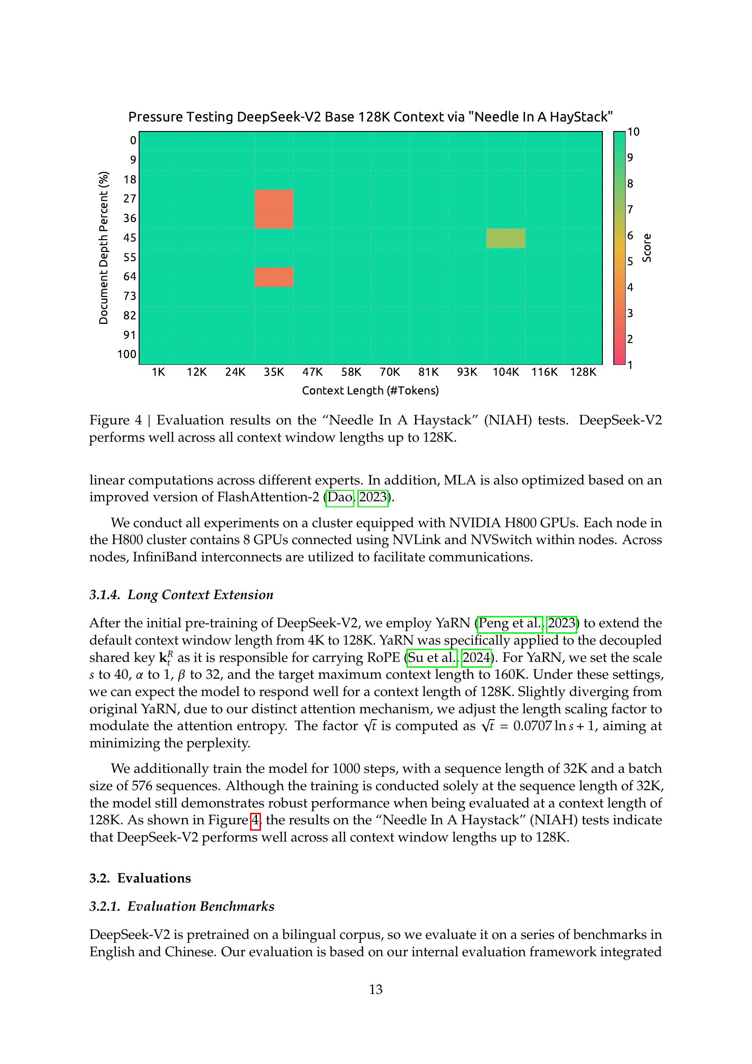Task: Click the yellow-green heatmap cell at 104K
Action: click(x=505, y=238)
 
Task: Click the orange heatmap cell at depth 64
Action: click(x=274, y=277)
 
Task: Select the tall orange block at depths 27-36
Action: click(x=274, y=208)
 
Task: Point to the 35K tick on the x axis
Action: click(x=274, y=372)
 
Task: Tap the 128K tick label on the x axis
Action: click(x=582, y=372)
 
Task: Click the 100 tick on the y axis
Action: click(x=127, y=354)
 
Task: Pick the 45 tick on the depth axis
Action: click(x=130, y=238)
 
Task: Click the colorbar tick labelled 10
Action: click(x=633, y=132)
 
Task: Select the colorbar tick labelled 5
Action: click(x=630, y=262)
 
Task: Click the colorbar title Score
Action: click(x=647, y=248)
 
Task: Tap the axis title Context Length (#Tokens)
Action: click(x=370, y=391)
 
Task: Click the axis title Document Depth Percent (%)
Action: click(x=104, y=248)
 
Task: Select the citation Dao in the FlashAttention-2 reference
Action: click(x=340, y=497)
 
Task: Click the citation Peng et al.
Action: click(x=509, y=623)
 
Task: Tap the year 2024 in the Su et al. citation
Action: click(x=476, y=658)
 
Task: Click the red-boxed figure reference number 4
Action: click(x=255, y=820)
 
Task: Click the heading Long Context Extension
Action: click(x=200, y=595)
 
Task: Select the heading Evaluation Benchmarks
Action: click(x=201, y=907)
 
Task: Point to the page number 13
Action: click(x=376, y=990)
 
